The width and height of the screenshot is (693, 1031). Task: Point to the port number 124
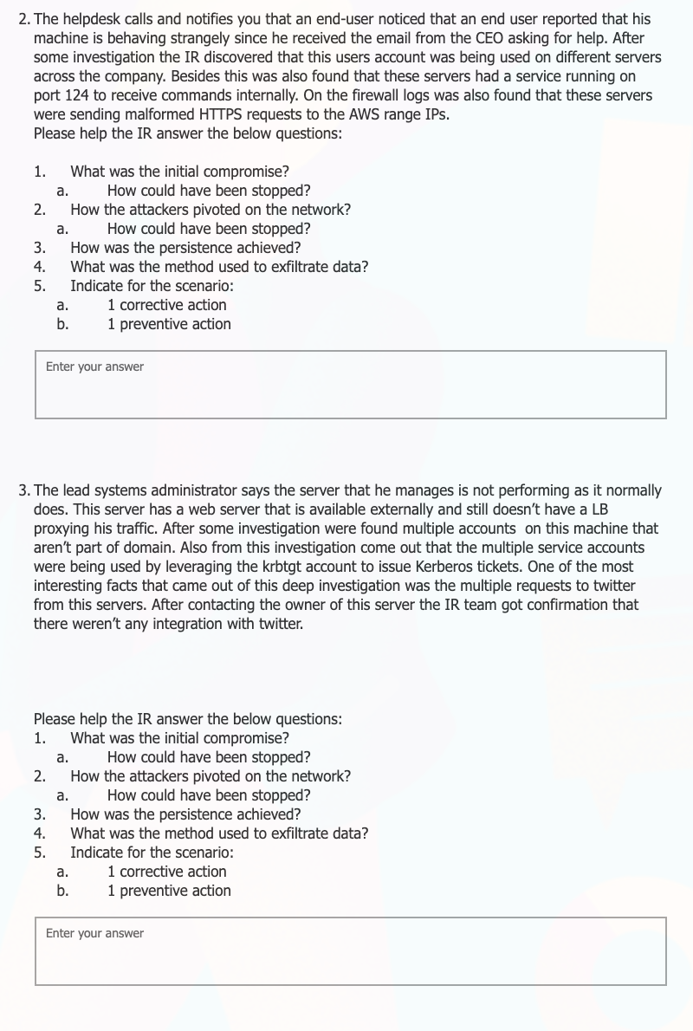(x=79, y=95)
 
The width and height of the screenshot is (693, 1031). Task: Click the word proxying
(x=62, y=528)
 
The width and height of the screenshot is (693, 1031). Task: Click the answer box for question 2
(x=351, y=385)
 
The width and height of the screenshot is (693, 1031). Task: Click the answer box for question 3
(x=351, y=951)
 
